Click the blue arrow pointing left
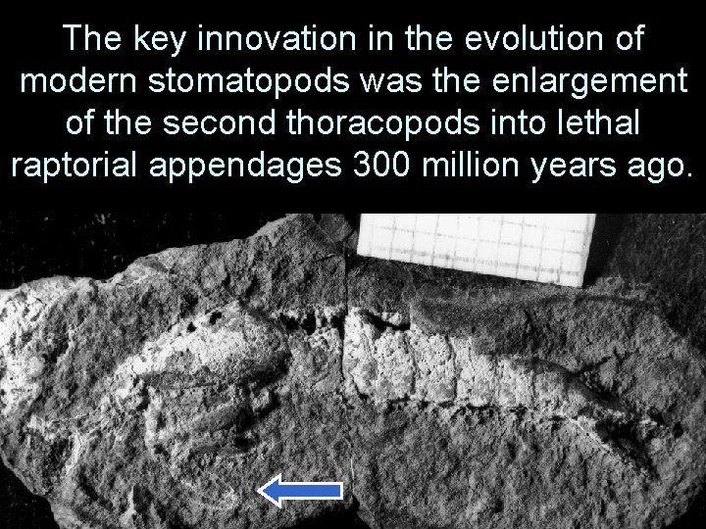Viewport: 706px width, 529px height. point(299,491)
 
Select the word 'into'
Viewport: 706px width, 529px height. point(521,123)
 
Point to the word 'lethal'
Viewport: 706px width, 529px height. point(598,123)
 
